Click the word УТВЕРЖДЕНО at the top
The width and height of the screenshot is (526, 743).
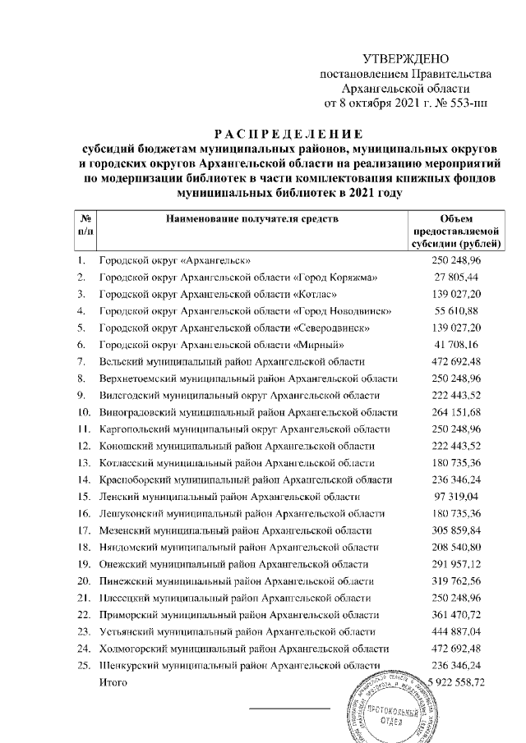pos(407,59)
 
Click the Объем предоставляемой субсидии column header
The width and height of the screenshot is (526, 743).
pos(456,231)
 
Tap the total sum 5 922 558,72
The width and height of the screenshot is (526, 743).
pos(466,682)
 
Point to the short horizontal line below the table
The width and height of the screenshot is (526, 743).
pos(288,708)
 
